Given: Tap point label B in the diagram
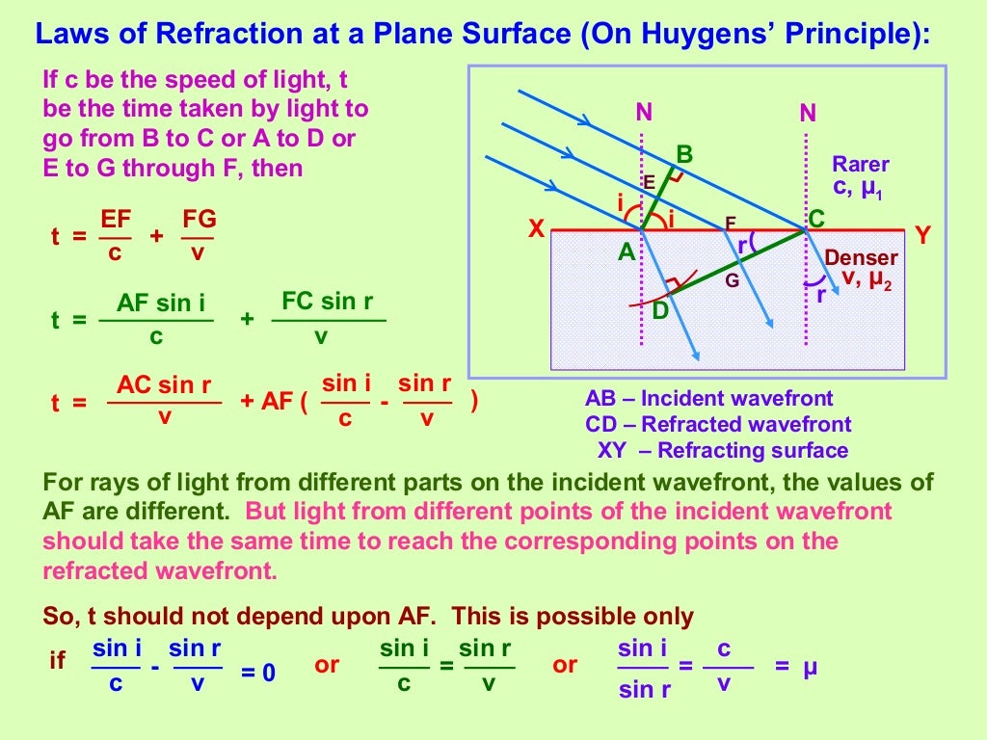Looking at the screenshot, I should pos(684,153).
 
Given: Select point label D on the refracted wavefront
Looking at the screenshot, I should pos(659,311).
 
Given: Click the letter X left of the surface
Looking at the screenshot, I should pos(537,230).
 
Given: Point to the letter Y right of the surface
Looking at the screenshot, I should pos(923,234).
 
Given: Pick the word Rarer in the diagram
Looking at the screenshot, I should pos(861,164).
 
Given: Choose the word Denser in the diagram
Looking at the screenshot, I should pos(861,258).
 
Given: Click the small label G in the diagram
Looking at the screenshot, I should pos(733,281).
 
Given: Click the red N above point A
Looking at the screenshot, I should pos(644,113).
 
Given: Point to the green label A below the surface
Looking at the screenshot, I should pos(627,252).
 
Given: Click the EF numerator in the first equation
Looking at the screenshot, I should pos(116,220).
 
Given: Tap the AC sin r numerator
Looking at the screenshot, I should pos(164,385).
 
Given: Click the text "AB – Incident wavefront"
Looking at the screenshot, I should pos(708,399).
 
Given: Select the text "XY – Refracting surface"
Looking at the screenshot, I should pos(723,450).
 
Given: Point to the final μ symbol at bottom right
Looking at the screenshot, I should pos(810,665).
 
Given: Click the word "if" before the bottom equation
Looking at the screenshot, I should pos(58,661).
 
